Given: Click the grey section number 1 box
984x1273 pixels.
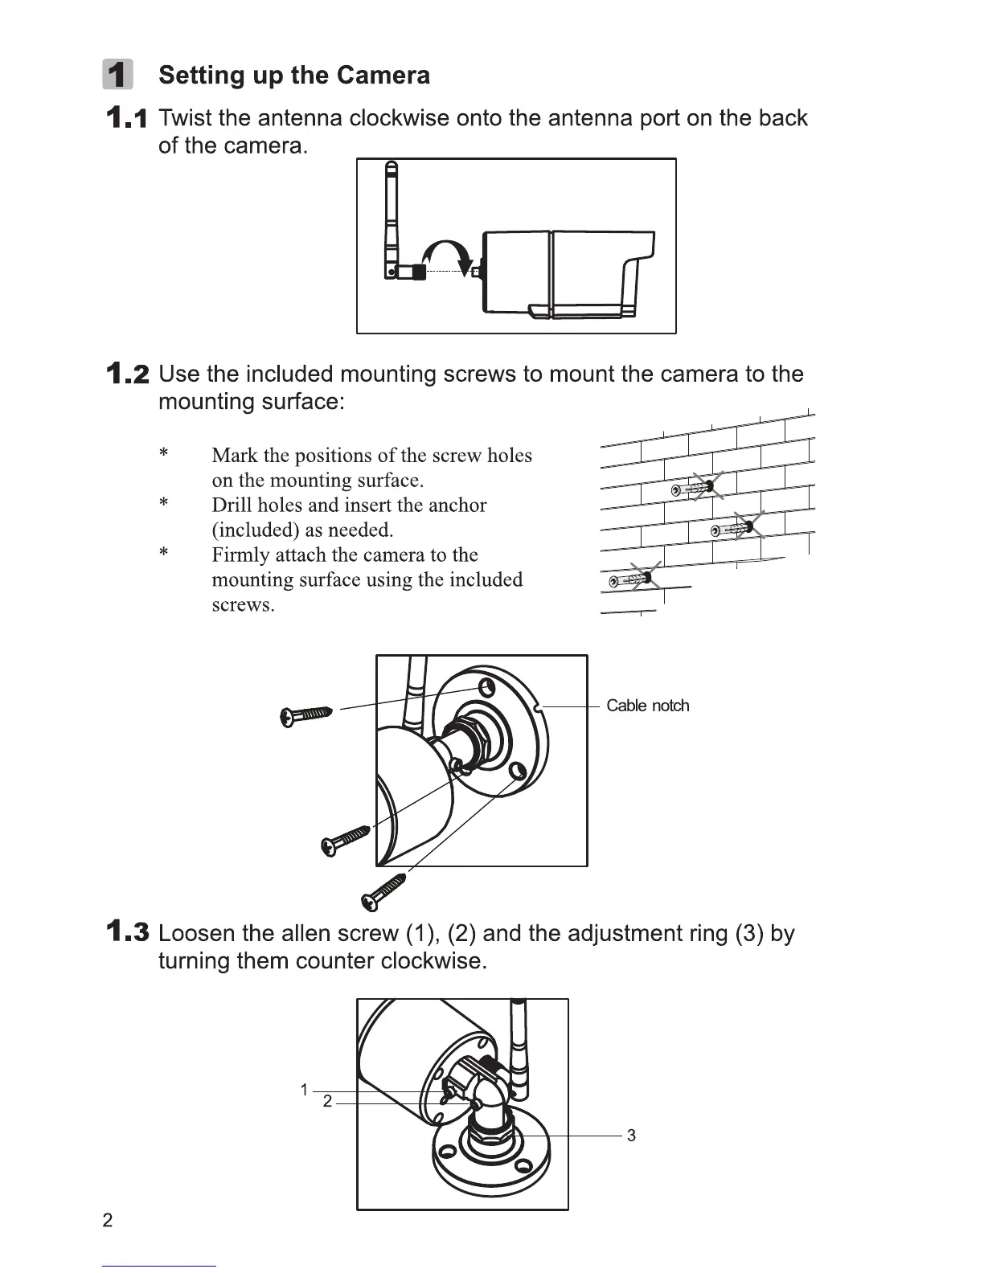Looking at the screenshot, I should [118, 75].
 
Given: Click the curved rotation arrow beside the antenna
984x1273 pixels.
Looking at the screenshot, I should [447, 252].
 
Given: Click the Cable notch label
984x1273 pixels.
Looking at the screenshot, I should [647, 706].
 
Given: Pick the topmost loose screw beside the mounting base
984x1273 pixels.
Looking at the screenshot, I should [306, 714].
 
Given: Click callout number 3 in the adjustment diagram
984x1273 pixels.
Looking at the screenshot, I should [631, 1136].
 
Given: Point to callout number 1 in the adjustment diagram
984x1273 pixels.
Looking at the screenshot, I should [304, 1091].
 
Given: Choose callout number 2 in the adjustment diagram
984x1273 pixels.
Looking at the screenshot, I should [327, 1102].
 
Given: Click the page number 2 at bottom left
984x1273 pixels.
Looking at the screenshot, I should [108, 1221].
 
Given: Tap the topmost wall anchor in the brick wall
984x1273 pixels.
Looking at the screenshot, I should [692, 489].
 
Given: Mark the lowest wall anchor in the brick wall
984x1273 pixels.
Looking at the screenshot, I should [632, 579].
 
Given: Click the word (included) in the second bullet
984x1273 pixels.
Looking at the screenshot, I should [256, 530].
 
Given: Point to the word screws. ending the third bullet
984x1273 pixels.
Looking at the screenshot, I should [243, 605].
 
